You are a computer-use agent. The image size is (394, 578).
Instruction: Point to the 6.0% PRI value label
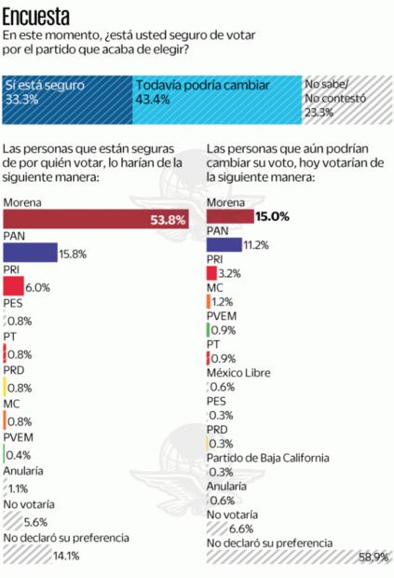tap(37, 287)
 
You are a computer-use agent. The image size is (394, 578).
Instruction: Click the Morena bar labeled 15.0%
tap(229, 216)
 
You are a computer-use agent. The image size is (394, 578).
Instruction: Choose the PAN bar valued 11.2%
tap(223, 245)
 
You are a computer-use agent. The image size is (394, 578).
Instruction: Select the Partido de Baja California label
tap(275, 459)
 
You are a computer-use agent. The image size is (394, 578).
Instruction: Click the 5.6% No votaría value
tap(35, 522)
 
